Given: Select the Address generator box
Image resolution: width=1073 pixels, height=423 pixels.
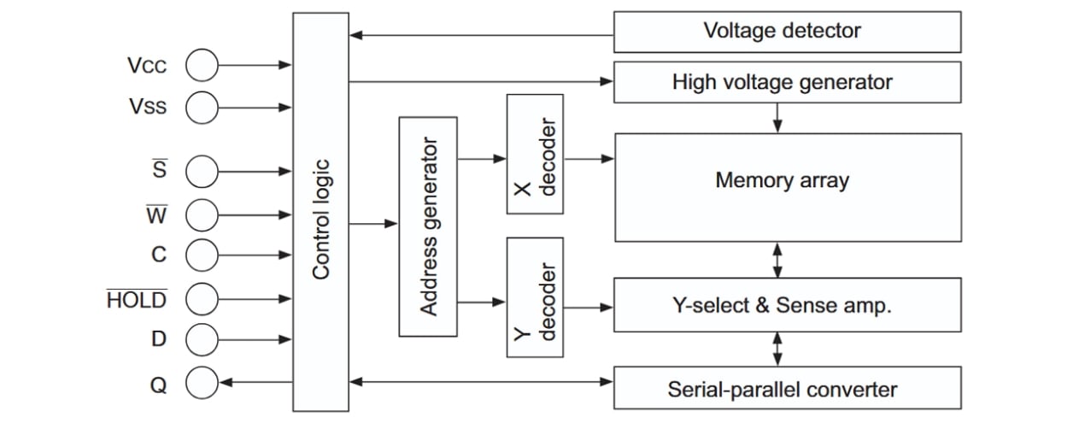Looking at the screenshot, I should (427, 226).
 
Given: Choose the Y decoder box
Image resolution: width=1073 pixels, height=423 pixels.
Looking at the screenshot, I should (535, 297).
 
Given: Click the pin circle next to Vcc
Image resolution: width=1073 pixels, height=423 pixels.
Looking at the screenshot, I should (202, 64).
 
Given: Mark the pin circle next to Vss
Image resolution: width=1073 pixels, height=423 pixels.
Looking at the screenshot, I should (202, 107).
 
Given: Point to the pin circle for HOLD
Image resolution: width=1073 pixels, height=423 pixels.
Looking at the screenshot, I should (202, 298).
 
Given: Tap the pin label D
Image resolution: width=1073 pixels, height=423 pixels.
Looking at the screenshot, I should (159, 339).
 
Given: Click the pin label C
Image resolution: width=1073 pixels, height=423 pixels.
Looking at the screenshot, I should (159, 255).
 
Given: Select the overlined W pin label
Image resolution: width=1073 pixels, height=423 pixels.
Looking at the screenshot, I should (157, 214).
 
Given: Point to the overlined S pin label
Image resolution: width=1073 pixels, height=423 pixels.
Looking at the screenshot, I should (159, 170).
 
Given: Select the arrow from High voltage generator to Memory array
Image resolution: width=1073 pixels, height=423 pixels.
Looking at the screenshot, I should (777, 117).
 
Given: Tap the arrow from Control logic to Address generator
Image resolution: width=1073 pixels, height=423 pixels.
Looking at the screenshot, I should (373, 224).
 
